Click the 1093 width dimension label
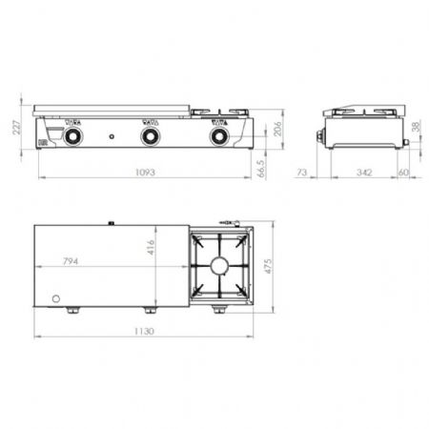145,173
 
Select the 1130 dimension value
144,332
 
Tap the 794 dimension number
71,261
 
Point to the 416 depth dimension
151,247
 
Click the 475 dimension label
269,266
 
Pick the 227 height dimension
18,128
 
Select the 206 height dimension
277,129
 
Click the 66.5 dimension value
260,169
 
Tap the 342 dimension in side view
364,173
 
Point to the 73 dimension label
301,173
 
